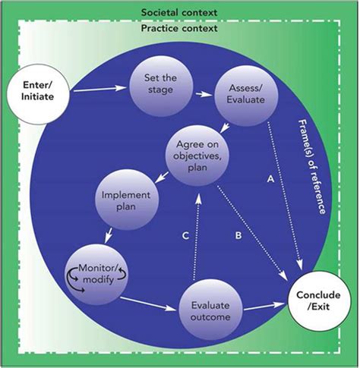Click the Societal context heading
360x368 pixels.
click(x=178, y=13)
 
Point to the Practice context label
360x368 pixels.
click(x=179, y=28)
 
